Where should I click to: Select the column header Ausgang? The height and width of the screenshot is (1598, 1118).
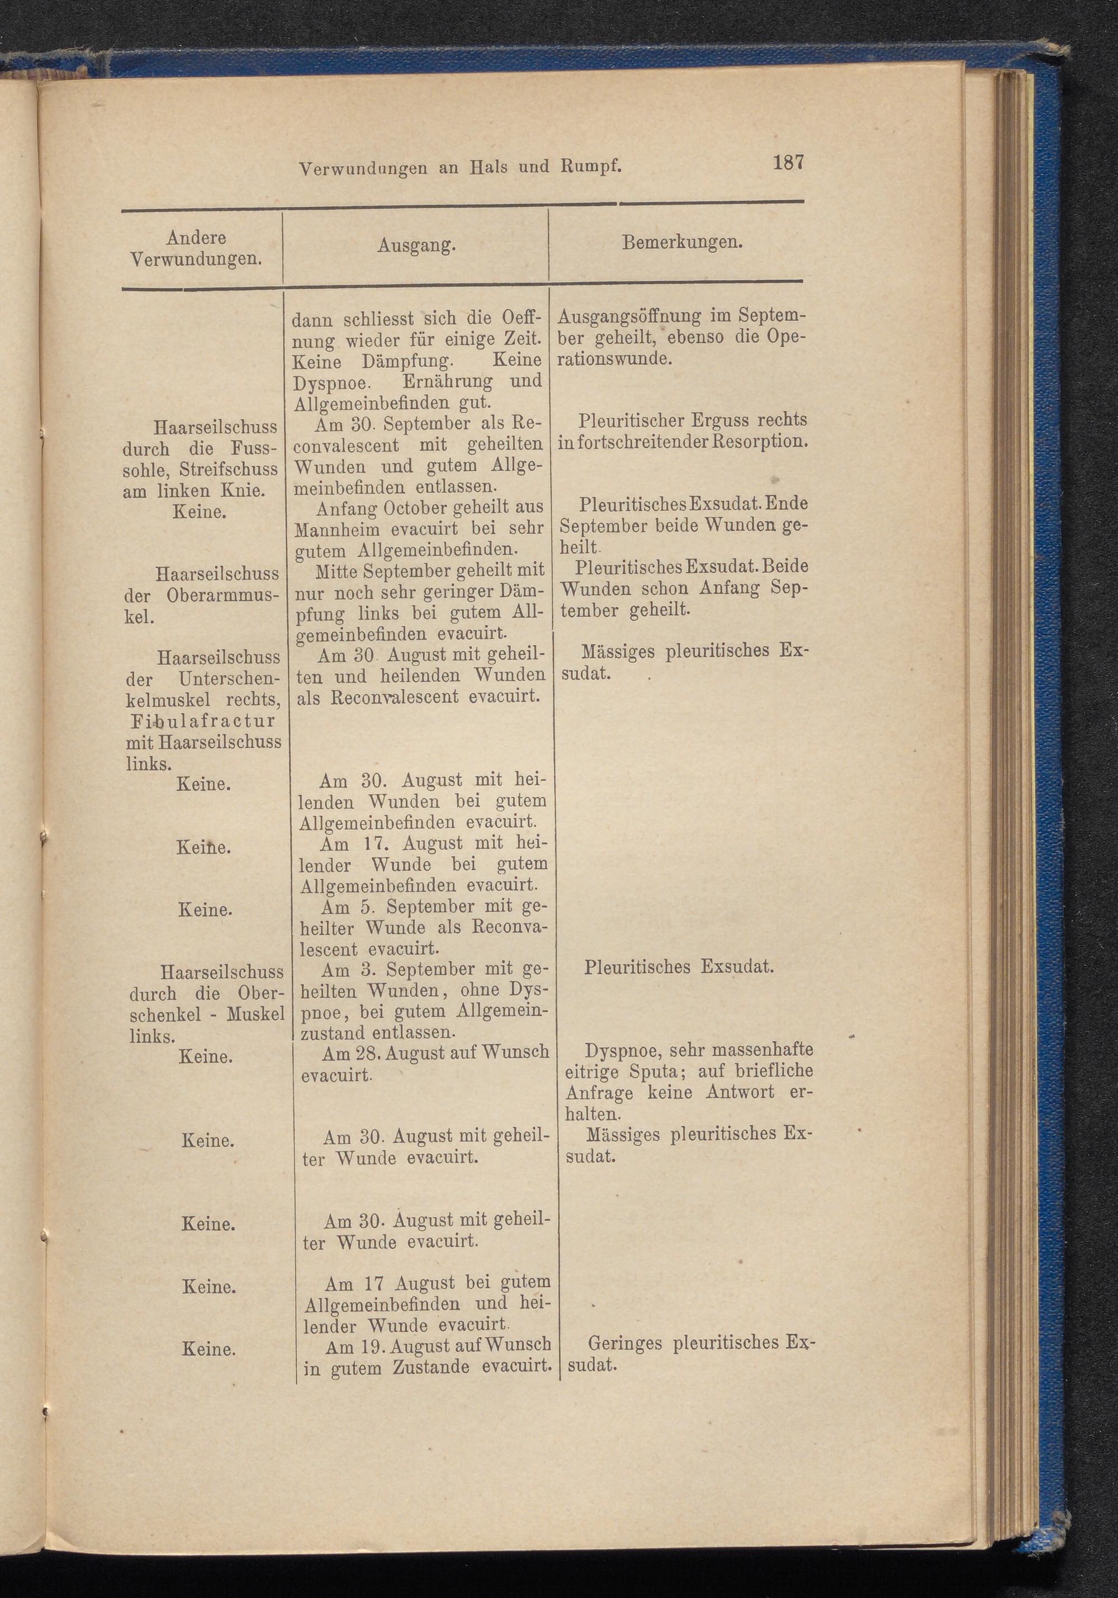pos(416,244)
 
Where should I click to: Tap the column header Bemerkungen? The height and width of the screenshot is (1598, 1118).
pos(682,243)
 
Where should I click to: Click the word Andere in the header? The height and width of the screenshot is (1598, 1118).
pos(196,238)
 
